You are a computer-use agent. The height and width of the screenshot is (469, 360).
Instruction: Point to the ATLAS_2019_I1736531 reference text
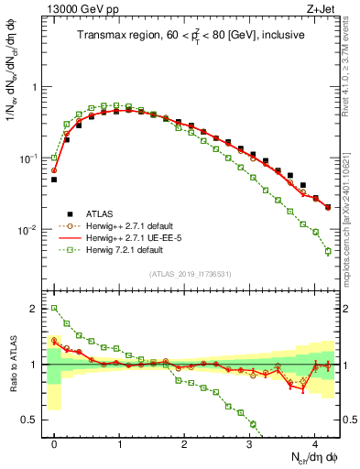tap(191, 274)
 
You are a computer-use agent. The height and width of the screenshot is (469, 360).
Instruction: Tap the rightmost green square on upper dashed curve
tap(328, 251)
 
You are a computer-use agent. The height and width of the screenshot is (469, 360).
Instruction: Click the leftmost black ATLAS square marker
tap(54, 180)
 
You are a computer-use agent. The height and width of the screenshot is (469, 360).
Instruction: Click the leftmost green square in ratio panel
tap(54, 309)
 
